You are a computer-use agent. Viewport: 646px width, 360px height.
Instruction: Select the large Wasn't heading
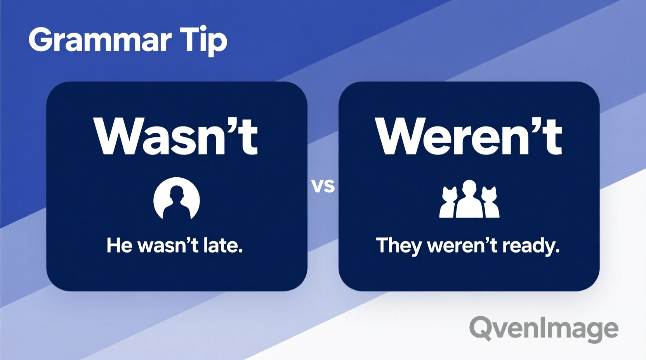pyautogui.click(x=175, y=137)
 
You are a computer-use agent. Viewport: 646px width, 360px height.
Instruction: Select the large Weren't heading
pyautogui.click(x=469, y=137)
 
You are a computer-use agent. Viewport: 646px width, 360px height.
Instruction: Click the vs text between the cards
pyautogui.click(x=323, y=186)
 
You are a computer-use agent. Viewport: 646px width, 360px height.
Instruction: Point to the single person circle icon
pyautogui.click(x=177, y=199)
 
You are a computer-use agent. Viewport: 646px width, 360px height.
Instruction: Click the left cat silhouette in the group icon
pyautogui.click(x=448, y=202)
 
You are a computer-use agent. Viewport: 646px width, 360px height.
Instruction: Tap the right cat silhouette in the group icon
pyautogui.click(x=490, y=202)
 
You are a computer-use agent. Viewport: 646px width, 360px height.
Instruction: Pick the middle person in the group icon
pyautogui.click(x=469, y=199)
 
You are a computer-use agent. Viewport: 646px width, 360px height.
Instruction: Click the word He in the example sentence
pyautogui.click(x=120, y=246)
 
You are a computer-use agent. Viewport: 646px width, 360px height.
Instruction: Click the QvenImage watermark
pyautogui.click(x=544, y=329)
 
